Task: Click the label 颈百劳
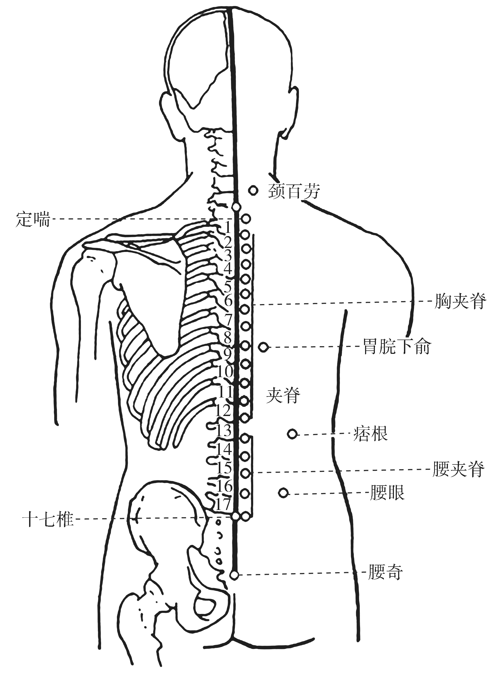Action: [294, 191]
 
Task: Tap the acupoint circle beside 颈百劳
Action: [253, 191]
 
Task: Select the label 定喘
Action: [33, 219]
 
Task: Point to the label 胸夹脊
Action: [460, 301]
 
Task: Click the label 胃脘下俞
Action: [397, 346]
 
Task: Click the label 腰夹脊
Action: [458, 469]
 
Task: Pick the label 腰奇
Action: [385, 572]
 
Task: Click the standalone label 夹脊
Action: [283, 396]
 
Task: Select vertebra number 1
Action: [228, 228]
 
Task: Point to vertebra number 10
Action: [225, 371]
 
